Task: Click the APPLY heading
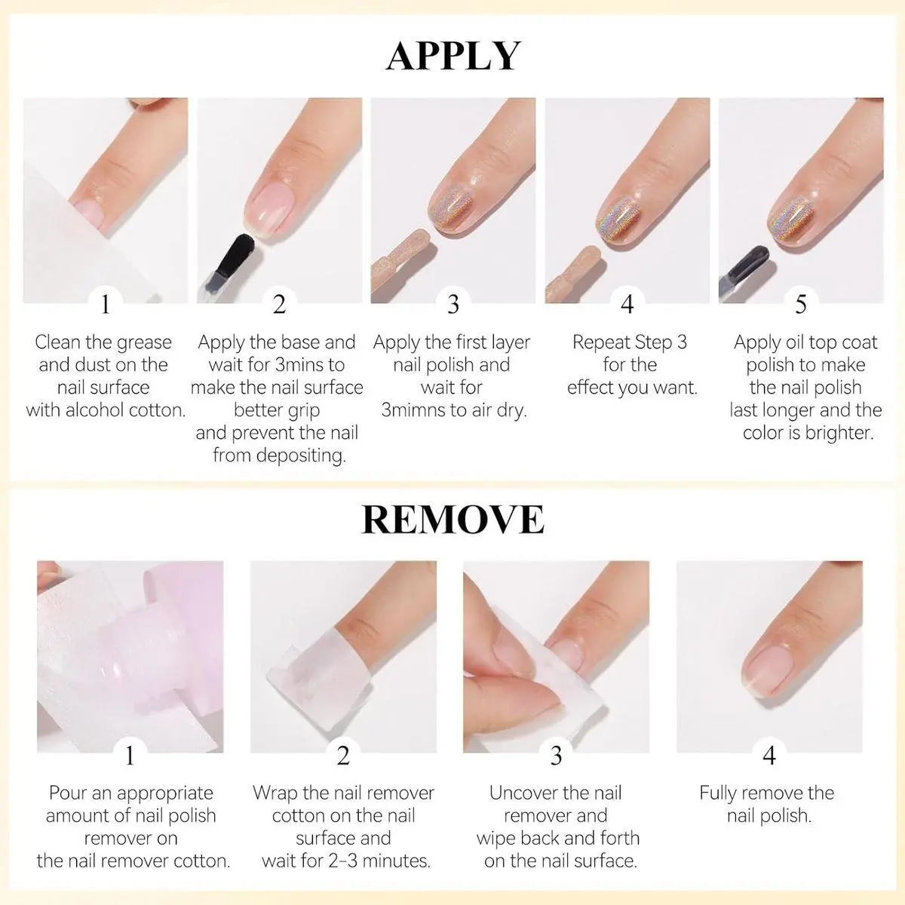click(452, 56)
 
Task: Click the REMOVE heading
click(452, 520)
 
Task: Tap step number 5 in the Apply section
click(801, 305)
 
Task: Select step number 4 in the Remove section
click(768, 756)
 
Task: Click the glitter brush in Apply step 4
click(575, 273)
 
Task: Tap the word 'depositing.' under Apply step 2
click(279, 456)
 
